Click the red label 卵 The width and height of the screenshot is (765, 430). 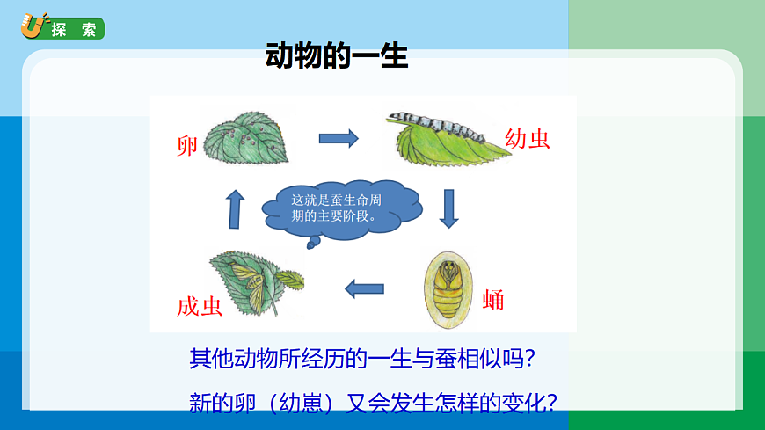[x=186, y=146]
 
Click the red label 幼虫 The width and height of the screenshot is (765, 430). [x=528, y=138]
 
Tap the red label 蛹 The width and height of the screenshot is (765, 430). [x=493, y=299]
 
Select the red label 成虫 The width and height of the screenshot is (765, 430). [x=199, y=305]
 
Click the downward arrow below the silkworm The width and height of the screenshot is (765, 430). [x=451, y=208]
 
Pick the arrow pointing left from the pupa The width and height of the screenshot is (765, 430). [x=364, y=288]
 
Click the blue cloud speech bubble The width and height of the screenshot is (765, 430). [x=347, y=211]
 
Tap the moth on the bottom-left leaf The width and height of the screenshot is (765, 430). [x=247, y=281]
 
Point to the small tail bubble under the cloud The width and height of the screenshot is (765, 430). [x=311, y=245]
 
